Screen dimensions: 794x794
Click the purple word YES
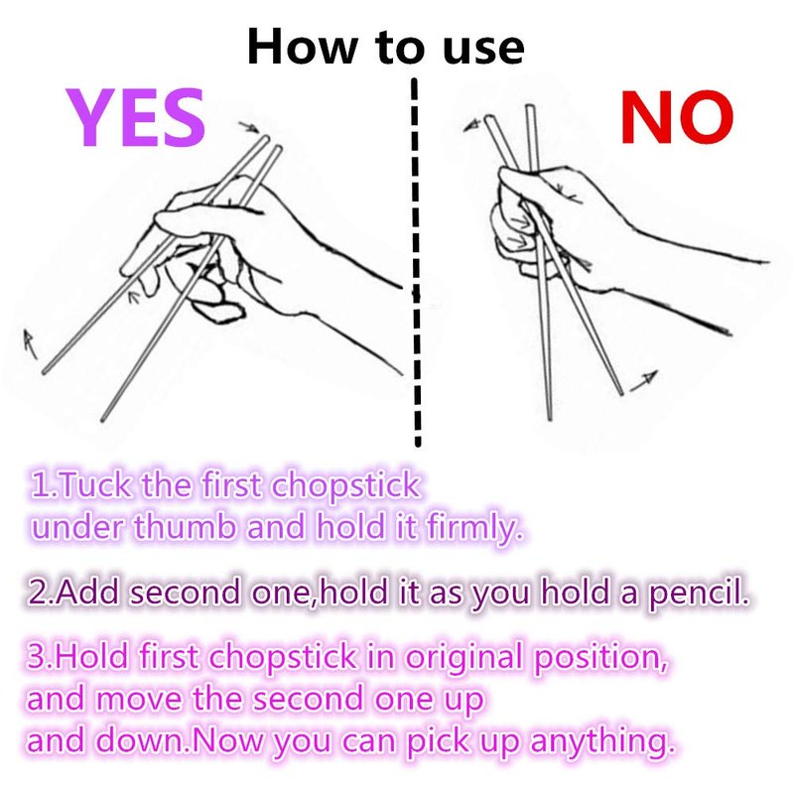pos(136,117)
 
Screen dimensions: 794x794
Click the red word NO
pos(677,117)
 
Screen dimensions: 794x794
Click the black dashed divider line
pos(416,262)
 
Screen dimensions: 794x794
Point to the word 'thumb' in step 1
pos(185,527)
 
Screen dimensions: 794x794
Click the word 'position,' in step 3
pos(601,658)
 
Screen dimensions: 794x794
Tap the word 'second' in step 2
pos(185,592)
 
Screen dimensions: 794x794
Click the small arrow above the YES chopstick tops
pos(249,127)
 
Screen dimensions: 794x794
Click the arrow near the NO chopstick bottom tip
pos(643,381)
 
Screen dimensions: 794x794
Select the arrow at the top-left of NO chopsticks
pos(472,126)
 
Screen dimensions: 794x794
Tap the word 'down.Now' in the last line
pos(181,740)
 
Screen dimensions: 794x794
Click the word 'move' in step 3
pos(139,700)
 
